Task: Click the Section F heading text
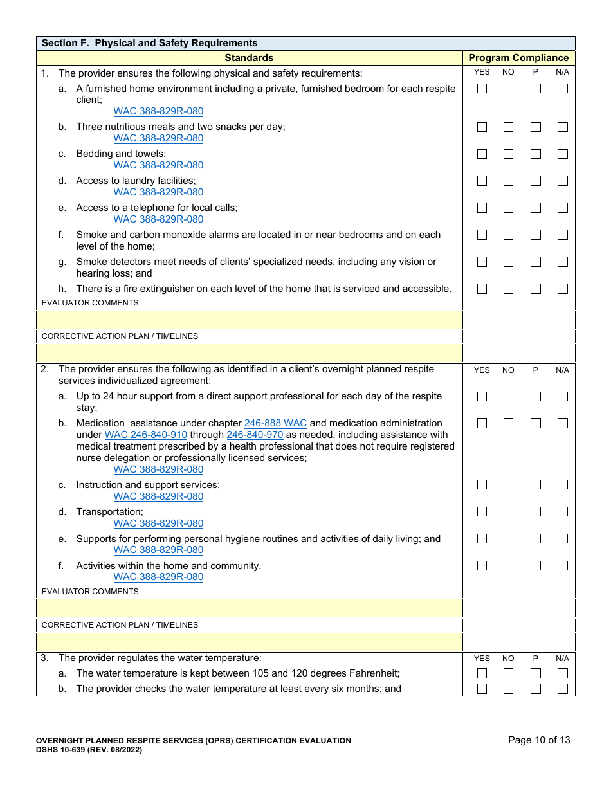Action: [x=149, y=43]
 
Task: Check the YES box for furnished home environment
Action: [x=482, y=89]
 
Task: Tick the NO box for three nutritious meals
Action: [x=508, y=127]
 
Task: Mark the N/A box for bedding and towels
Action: [x=563, y=154]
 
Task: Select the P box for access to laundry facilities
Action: [x=535, y=181]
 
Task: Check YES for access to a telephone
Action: [x=482, y=208]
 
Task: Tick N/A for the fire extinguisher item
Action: [x=563, y=289]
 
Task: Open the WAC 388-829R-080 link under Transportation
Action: [x=158, y=523]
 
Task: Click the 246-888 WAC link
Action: [x=275, y=423]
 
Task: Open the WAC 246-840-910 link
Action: [x=146, y=435]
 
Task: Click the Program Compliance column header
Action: [x=518, y=58]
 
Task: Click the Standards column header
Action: [x=249, y=58]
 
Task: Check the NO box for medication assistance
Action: [x=508, y=423]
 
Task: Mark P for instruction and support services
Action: [x=535, y=485]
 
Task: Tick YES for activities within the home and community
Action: [x=482, y=566]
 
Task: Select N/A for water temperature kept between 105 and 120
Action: [x=563, y=674]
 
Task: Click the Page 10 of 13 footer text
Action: [x=539, y=740]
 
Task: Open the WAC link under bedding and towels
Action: [x=158, y=165]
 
